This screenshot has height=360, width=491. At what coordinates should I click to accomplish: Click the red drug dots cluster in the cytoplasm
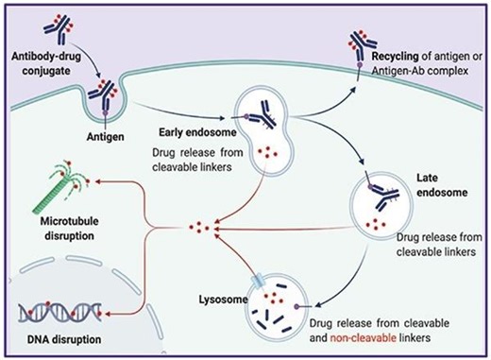198,229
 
